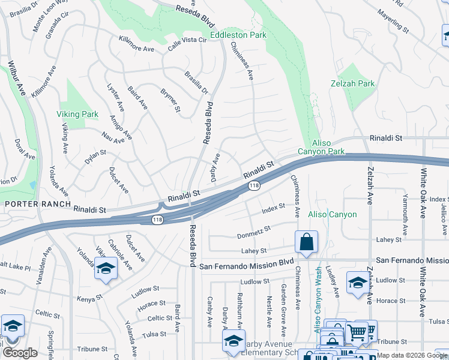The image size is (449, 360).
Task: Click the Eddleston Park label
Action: pyautogui.click(x=238, y=35)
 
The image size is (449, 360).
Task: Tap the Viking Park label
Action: pyautogui.click(x=77, y=114)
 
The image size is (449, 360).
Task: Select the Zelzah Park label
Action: pyautogui.click(x=352, y=83)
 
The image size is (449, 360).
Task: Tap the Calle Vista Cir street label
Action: pyautogui.click(x=187, y=40)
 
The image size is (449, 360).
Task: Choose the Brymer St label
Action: pyautogui.click(x=170, y=100)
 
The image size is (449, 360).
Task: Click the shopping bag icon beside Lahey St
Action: pyautogui.click(x=306, y=242)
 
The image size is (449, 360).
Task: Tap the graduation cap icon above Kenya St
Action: pyautogui.click(x=106, y=268)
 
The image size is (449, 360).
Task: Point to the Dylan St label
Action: pyautogui.click(x=95, y=157)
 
